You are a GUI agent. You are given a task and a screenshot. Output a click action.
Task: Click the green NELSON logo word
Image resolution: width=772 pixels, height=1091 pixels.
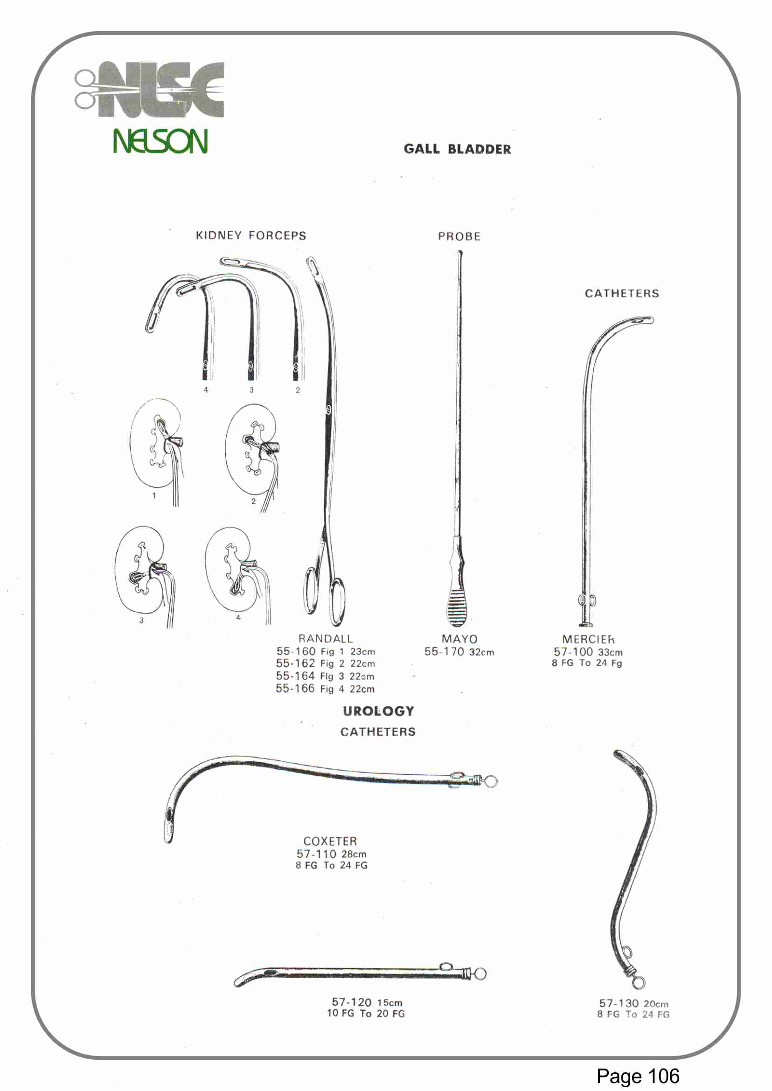[x=160, y=141]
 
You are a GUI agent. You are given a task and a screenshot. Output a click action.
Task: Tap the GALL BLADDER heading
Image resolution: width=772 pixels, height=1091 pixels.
[x=457, y=149]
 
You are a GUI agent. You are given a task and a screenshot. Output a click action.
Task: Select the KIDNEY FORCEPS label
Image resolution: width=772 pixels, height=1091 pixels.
[x=251, y=236]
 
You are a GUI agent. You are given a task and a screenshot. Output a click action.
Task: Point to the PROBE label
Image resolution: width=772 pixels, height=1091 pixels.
[x=459, y=237]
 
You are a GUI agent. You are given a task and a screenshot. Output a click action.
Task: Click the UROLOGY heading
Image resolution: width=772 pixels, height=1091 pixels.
[x=378, y=711]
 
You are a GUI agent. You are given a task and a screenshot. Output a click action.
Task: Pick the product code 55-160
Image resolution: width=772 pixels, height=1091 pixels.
[x=296, y=651]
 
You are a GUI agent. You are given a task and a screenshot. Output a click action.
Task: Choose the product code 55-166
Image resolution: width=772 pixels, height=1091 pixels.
[x=295, y=689]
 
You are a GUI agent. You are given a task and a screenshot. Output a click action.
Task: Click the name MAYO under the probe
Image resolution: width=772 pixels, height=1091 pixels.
[x=459, y=639]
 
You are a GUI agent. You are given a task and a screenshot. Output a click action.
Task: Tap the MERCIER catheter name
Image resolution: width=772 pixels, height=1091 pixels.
[x=588, y=640]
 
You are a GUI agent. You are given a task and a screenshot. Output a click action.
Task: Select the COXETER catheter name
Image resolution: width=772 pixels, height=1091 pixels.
[x=330, y=842]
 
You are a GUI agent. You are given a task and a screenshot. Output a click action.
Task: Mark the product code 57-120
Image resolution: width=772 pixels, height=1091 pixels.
[x=351, y=1002]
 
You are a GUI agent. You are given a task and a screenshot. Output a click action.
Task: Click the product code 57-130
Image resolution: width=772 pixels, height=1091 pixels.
[x=619, y=1003]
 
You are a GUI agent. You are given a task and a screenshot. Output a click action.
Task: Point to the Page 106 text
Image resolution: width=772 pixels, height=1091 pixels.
[x=638, y=1076]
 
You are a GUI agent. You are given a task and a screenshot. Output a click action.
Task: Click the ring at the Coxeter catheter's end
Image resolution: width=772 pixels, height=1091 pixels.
[x=491, y=782]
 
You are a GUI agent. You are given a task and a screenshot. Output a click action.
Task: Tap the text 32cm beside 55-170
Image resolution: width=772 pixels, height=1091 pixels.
[x=481, y=652]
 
